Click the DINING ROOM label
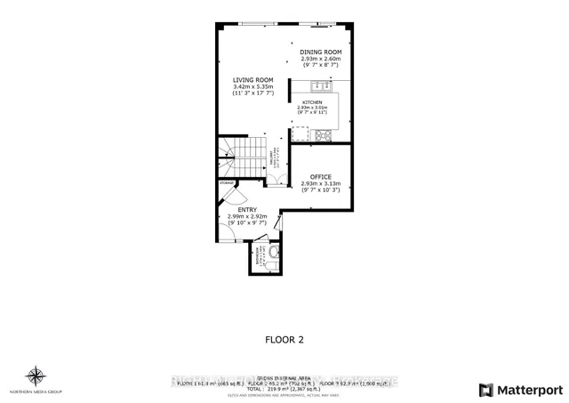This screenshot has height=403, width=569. click(320, 52)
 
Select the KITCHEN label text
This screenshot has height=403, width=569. click(317, 102)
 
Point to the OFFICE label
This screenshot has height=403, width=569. click(320, 177)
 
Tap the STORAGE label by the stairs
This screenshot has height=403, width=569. click(228, 182)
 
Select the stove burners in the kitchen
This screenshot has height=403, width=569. click(322, 135)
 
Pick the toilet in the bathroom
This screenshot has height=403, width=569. click(273, 255)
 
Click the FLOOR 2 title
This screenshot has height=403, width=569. click(284, 339)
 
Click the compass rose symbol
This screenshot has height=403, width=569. click(35, 375)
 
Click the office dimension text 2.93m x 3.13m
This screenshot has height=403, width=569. click(320, 184)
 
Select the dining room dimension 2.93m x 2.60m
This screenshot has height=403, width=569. click(320, 59)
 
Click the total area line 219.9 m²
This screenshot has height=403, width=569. click(284, 388)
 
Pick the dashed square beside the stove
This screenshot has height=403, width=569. click(301, 135)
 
